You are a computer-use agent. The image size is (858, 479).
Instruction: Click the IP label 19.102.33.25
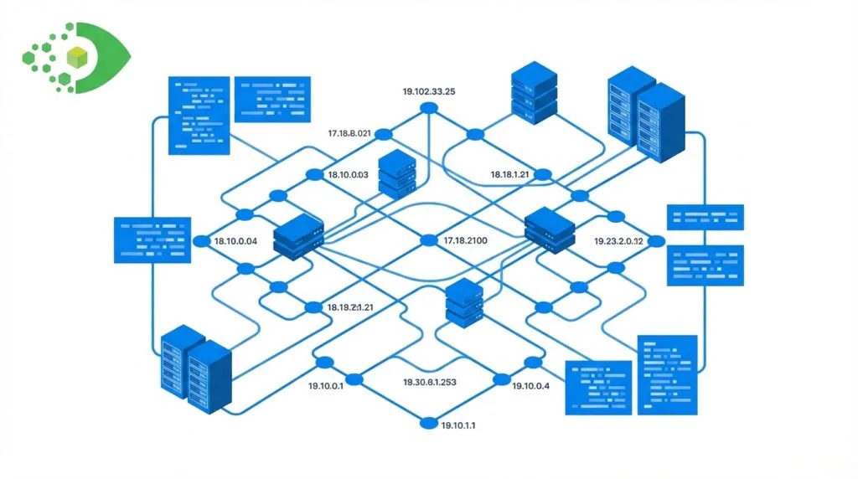pyautogui.click(x=428, y=92)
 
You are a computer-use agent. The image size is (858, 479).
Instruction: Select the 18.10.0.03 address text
pyautogui.click(x=348, y=175)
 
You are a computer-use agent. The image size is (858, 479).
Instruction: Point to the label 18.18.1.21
pyautogui.click(x=510, y=174)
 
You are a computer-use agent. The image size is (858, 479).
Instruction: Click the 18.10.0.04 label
pyautogui.click(x=235, y=241)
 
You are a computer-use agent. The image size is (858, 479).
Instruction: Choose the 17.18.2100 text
pyautogui.click(x=465, y=241)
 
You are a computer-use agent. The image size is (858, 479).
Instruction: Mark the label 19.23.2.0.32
pyautogui.click(x=618, y=241)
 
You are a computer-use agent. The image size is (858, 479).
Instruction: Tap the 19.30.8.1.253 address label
pyautogui.click(x=430, y=382)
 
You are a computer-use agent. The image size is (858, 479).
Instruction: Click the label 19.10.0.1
pyautogui.click(x=325, y=386)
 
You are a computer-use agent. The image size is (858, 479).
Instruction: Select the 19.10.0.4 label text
pyautogui.click(x=531, y=386)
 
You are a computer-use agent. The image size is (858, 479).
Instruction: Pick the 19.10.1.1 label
pyautogui.click(x=457, y=425)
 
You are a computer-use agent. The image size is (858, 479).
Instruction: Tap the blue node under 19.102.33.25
pyautogui.click(x=428, y=108)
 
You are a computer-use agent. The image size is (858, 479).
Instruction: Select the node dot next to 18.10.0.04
pyautogui.click(x=201, y=241)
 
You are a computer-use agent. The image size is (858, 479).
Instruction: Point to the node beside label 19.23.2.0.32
pyautogui.click(x=656, y=241)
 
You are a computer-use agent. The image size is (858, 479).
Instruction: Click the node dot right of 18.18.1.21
pyautogui.click(x=543, y=174)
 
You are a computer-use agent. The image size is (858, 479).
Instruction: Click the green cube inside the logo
pyautogui.click(x=77, y=57)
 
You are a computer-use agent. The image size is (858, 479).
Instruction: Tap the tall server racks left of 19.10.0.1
pyautogui.click(x=194, y=367)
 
